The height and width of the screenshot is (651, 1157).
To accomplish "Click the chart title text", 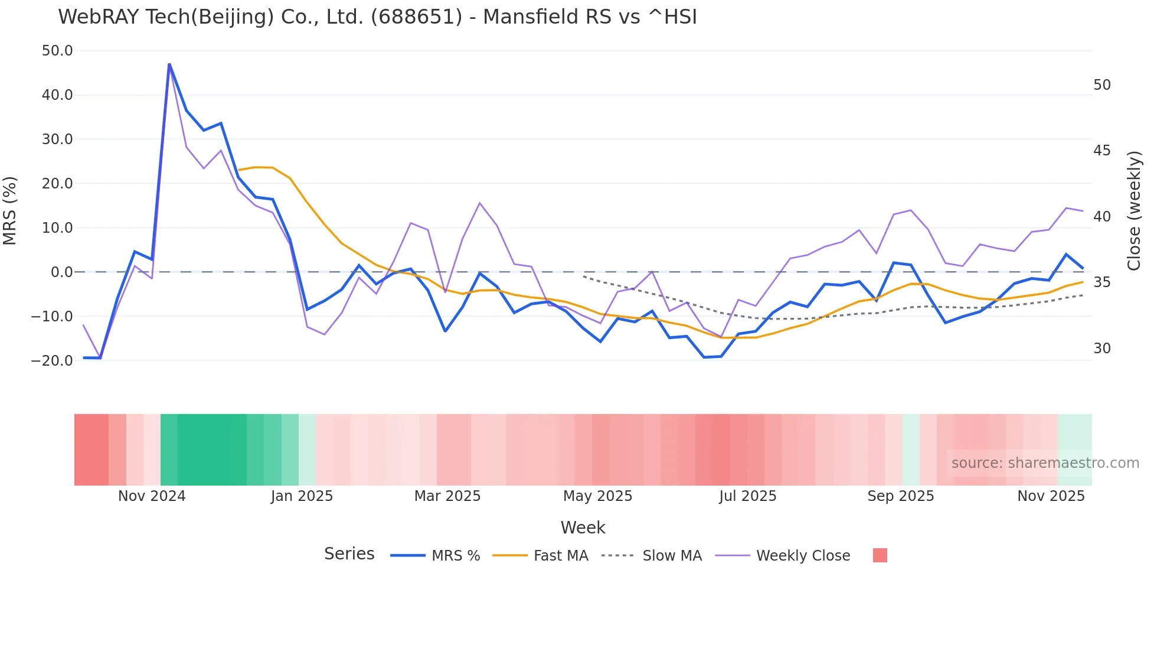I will pos(377,17).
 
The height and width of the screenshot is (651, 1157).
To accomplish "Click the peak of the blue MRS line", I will pos(169,64).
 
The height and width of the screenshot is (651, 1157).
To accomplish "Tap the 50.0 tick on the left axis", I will pos(57,51).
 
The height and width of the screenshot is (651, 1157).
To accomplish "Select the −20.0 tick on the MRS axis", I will pos(52,360).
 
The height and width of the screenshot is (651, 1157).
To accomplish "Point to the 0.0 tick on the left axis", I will pos(61,272).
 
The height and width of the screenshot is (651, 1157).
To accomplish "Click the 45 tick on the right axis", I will pos(1102,151).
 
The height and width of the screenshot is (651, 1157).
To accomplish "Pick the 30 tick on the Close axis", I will pos(1102,349).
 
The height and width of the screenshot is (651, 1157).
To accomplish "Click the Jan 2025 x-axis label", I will pos(302,496).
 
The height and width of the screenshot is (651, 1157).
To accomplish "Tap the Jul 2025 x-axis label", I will pos(747,496).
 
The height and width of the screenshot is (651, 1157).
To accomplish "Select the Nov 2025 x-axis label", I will pos(1051,496).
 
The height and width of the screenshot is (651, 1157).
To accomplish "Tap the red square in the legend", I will pos(880,555).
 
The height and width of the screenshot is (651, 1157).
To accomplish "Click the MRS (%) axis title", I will pos(10,210).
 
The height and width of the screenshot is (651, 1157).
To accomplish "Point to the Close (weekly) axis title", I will pos(1134,211).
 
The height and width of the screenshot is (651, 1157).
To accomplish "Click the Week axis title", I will pos(583,528).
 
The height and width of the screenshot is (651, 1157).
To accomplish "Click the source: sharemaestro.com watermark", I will pos(1045,463).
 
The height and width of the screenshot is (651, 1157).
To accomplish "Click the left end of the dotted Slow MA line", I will pos(584,276).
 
